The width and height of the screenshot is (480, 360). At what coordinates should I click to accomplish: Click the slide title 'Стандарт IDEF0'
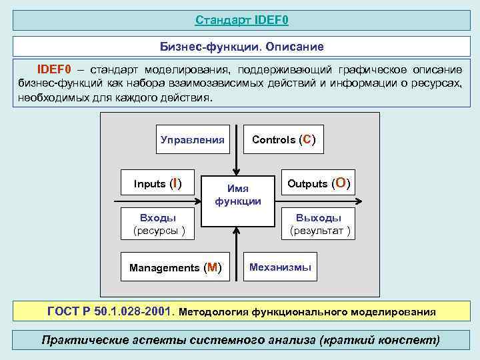(241, 20)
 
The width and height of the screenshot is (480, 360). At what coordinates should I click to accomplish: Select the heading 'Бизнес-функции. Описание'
(241, 47)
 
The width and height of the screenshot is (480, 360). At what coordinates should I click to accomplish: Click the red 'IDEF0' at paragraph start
(53, 69)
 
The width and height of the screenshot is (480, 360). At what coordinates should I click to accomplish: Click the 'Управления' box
(193, 140)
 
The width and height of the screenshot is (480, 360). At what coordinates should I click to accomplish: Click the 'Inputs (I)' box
(157, 183)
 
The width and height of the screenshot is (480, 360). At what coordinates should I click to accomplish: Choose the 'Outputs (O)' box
(319, 183)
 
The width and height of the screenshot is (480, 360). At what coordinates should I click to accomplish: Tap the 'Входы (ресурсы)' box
(157, 225)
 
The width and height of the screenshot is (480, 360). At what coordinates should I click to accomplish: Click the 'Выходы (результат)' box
(319, 225)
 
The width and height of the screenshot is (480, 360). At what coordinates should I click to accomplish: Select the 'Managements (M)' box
(175, 267)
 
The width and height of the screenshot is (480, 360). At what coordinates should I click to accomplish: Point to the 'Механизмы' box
(280, 267)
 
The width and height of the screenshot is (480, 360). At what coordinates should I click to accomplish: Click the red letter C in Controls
(306, 139)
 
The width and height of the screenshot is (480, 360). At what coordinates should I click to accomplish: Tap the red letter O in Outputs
(341, 183)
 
